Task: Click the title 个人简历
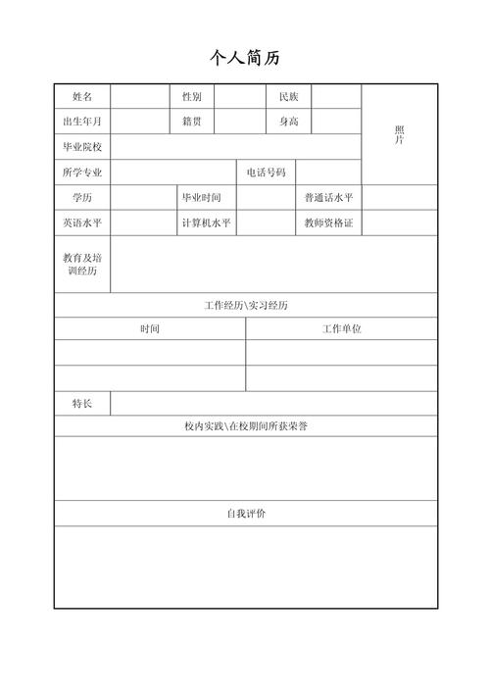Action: (245, 58)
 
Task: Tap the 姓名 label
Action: (82, 96)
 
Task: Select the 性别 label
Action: (191, 96)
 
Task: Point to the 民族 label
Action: (288, 96)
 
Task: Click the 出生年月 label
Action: (82, 122)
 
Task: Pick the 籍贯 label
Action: (191, 122)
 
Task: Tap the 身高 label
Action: (288, 122)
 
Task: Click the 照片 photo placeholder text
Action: (399, 135)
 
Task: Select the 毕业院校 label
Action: (82, 147)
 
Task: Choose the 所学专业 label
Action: (82, 173)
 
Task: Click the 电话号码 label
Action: (266, 173)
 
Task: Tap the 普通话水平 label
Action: (328, 198)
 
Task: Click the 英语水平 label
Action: (82, 223)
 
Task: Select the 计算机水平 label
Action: (206, 223)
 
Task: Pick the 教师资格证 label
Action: (328, 223)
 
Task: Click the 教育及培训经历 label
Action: (82, 264)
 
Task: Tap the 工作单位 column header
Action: (342, 329)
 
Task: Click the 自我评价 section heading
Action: (246, 514)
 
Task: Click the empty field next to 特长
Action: (273, 404)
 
